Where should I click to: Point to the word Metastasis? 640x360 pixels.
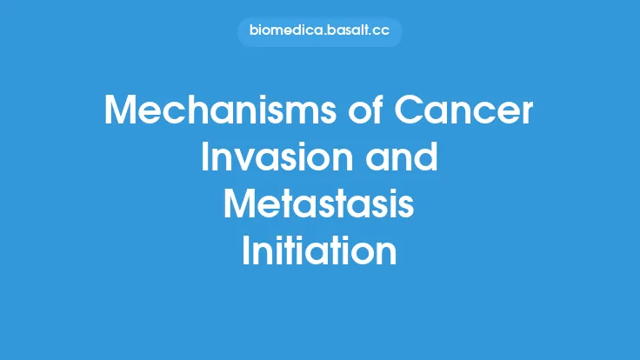[x=319, y=205]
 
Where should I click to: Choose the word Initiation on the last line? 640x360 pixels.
[x=319, y=251]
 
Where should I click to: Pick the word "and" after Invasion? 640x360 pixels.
[x=407, y=159]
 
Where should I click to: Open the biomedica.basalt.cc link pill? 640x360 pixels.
[x=319, y=32]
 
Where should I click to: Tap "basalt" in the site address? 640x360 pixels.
[x=347, y=32]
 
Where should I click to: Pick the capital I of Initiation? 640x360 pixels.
[x=247, y=251]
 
